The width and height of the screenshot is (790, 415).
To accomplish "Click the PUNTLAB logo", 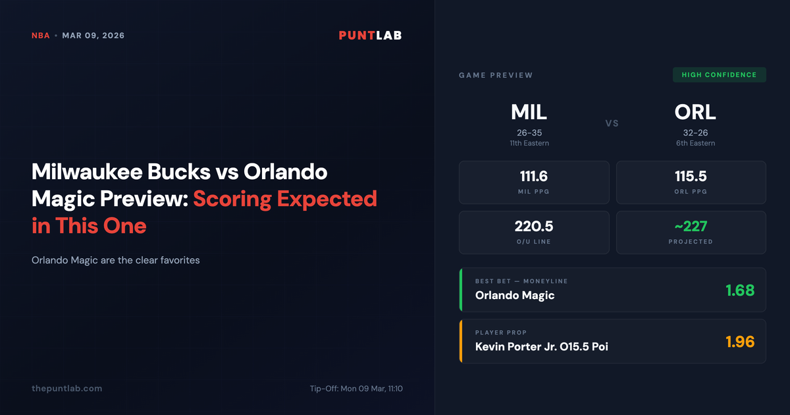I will [370, 36].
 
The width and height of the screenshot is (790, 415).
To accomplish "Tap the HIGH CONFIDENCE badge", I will [719, 74].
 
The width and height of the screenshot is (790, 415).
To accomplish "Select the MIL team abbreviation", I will [529, 112].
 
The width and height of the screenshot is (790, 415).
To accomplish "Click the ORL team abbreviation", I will [695, 112].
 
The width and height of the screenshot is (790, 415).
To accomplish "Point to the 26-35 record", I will [529, 132].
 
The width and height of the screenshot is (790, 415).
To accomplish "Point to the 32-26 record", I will [695, 132].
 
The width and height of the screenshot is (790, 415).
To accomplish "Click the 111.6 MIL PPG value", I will [533, 177].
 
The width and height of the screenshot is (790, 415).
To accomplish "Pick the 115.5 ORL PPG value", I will [691, 177].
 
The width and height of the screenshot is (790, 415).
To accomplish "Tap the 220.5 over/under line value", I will [533, 227].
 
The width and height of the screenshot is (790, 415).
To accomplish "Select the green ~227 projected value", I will [691, 227].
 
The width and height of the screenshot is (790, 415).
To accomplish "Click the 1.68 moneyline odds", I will [739, 290].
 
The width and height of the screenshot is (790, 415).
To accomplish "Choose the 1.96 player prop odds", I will [739, 341].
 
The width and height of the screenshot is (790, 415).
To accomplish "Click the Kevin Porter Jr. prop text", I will [541, 346].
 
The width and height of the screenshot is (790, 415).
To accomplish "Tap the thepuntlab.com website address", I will [66, 389].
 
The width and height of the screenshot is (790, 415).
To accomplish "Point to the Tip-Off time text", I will [355, 389].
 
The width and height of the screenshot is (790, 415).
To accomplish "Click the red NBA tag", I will [40, 36].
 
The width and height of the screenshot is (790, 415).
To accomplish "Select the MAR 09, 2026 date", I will [93, 36].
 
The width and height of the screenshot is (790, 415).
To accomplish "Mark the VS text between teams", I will [612, 123].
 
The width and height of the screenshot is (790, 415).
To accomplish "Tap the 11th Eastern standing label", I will [529, 143].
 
